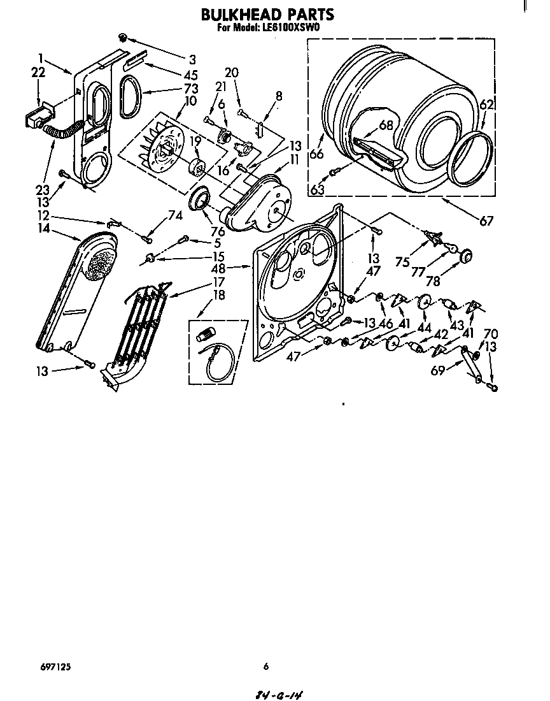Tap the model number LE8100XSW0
pos(292,28)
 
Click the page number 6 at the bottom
pos(266,667)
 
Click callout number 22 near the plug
pos(38,73)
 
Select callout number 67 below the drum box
pos(486,221)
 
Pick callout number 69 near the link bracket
pos(437,369)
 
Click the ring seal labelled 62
pos(472,159)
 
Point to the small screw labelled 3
pos(124,37)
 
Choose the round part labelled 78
pos(465,256)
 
